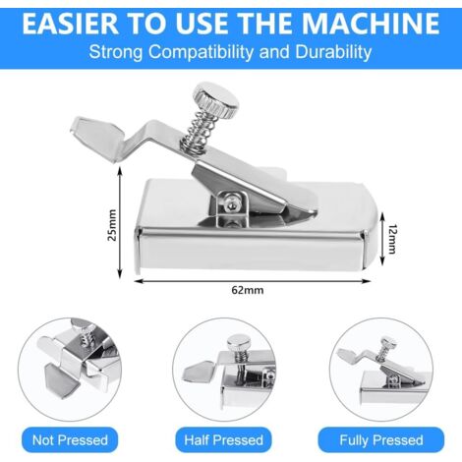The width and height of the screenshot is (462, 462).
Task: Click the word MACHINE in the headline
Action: click(371, 24)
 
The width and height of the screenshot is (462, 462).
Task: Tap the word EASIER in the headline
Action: click(70, 24)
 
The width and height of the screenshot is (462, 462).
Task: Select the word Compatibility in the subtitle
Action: click(201, 52)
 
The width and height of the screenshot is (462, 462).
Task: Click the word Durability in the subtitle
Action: click(333, 52)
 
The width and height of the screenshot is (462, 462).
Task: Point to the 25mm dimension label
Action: click(112, 225)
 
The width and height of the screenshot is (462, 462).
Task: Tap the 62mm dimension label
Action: click(248, 290)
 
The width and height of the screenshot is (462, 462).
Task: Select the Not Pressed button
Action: click(70, 439)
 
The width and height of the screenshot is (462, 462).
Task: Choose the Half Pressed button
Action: click(223, 439)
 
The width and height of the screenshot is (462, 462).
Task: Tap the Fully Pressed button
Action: click(381, 439)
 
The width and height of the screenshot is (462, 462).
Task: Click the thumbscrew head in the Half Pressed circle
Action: click(239, 343)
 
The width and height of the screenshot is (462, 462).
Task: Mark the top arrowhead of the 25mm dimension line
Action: click(120, 170)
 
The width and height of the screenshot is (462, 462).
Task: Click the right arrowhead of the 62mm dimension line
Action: click(367, 281)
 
